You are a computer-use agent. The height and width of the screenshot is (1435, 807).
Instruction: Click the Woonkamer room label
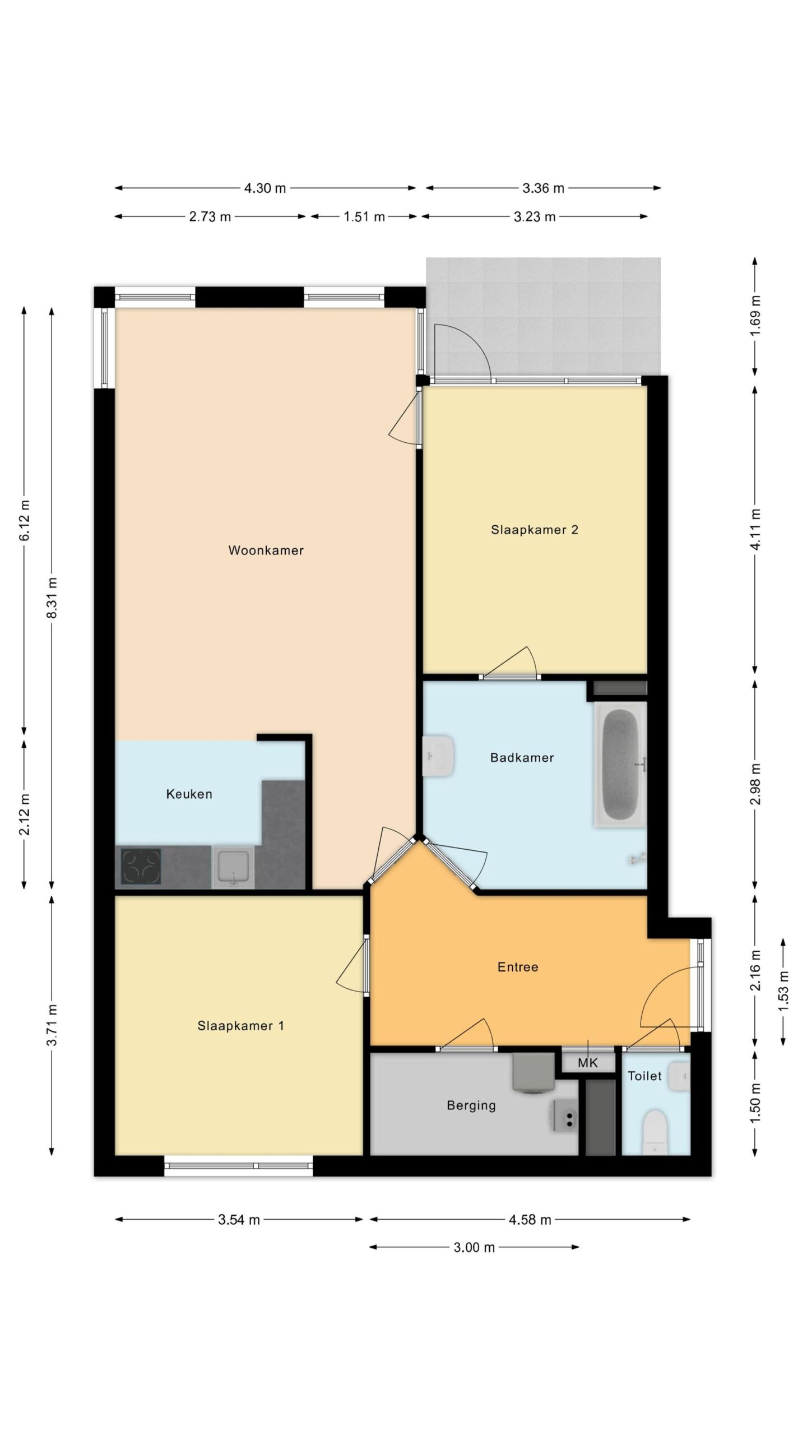tap(266, 550)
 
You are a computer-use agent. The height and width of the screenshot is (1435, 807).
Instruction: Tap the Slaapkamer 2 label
tap(535, 530)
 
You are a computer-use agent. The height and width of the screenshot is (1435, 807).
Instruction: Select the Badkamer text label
tap(522, 758)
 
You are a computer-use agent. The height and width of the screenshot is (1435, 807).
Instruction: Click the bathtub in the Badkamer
tap(620, 765)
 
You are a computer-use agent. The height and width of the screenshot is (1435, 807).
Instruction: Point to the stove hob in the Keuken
tap(141, 867)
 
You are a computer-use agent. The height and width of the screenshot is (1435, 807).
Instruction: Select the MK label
tap(588, 1062)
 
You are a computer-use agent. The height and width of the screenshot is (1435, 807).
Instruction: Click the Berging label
tap(471, 1106)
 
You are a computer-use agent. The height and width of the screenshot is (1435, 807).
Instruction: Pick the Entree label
tap(518, 967)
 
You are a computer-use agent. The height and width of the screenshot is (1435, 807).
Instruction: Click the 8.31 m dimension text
tap(52, 598)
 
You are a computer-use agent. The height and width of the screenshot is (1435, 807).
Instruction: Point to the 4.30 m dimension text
tap(265, 188)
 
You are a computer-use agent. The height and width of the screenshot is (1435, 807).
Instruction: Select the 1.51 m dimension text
tap(364, 217)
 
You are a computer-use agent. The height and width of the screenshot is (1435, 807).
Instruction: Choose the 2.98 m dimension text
tap(755, 784)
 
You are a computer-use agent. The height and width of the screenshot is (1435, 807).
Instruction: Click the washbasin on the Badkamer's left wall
tap(438, 756)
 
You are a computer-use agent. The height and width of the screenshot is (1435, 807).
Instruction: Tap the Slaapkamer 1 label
tap(240, 1026)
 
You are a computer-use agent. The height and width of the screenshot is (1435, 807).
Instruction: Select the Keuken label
tap(189, 794)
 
